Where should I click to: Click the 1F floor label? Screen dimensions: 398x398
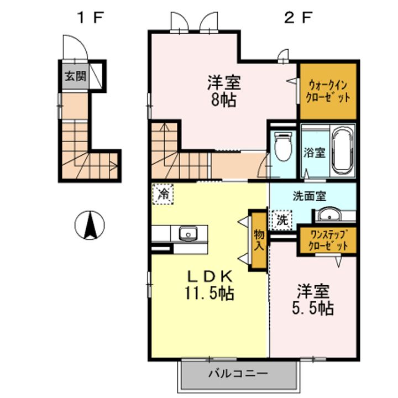91,18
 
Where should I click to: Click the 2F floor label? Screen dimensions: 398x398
298,18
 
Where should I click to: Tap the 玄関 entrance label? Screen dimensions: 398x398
75,76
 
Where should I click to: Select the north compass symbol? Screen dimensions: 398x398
90,225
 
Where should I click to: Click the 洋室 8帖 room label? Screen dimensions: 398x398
224,91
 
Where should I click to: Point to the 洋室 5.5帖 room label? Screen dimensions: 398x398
313,300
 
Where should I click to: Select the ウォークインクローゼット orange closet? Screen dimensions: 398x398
328,91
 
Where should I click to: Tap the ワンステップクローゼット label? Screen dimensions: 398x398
328,240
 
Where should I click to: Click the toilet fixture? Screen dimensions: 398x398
283,147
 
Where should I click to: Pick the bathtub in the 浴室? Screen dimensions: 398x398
343,150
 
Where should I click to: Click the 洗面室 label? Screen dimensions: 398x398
309,196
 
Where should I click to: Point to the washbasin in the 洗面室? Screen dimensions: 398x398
329,214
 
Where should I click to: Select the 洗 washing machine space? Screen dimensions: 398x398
282,220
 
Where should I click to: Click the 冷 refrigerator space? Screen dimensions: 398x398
163,195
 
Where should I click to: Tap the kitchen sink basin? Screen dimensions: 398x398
188,233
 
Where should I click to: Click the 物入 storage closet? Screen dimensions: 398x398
259,240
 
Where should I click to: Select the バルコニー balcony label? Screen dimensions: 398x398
238,373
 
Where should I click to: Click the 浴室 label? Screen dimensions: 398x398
315,153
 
